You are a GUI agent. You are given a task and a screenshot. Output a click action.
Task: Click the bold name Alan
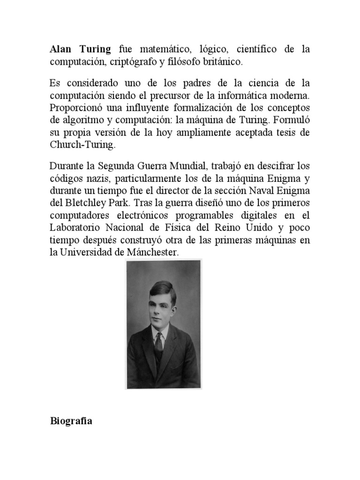pos(61,49)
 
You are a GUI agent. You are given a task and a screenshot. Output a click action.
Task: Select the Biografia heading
pos(71,421)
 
